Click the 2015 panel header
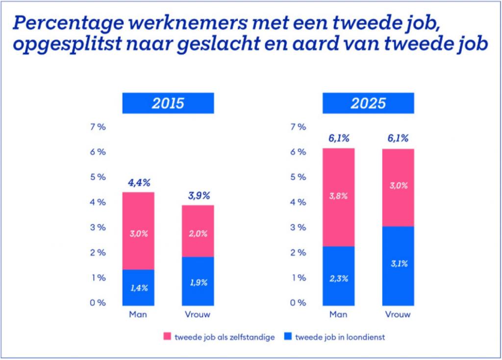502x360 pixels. [168, 103]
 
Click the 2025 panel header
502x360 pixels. [368, 103]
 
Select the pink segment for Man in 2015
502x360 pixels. [138, 230]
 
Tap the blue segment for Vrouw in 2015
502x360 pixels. [198, 279]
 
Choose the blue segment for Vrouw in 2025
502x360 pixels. [398, 264]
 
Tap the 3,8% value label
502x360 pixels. [338, 196]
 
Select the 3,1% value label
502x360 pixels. [398, 264]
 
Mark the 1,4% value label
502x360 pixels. [138, 288]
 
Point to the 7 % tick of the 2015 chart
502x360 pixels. [98, 127]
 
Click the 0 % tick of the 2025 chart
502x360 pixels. [298, 303]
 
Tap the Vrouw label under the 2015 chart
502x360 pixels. [198, 314]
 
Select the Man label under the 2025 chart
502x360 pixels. [338, 314]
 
